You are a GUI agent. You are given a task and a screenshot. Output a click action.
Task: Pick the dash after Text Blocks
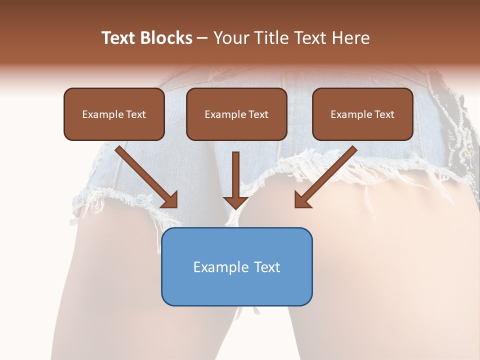[202, 38]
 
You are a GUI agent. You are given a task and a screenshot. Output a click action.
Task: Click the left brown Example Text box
[114, 114]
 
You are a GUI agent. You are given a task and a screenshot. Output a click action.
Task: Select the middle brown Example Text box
[236, 114]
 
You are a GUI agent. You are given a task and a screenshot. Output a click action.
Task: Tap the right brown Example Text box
[362, 114]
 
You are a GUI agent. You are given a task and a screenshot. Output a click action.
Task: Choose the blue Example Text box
[236, 266]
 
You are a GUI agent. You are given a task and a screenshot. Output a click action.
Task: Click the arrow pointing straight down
[236, 180]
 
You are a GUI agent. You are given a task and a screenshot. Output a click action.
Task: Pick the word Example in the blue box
[220, 267]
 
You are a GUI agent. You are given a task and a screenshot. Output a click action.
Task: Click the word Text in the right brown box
[384, 114]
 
